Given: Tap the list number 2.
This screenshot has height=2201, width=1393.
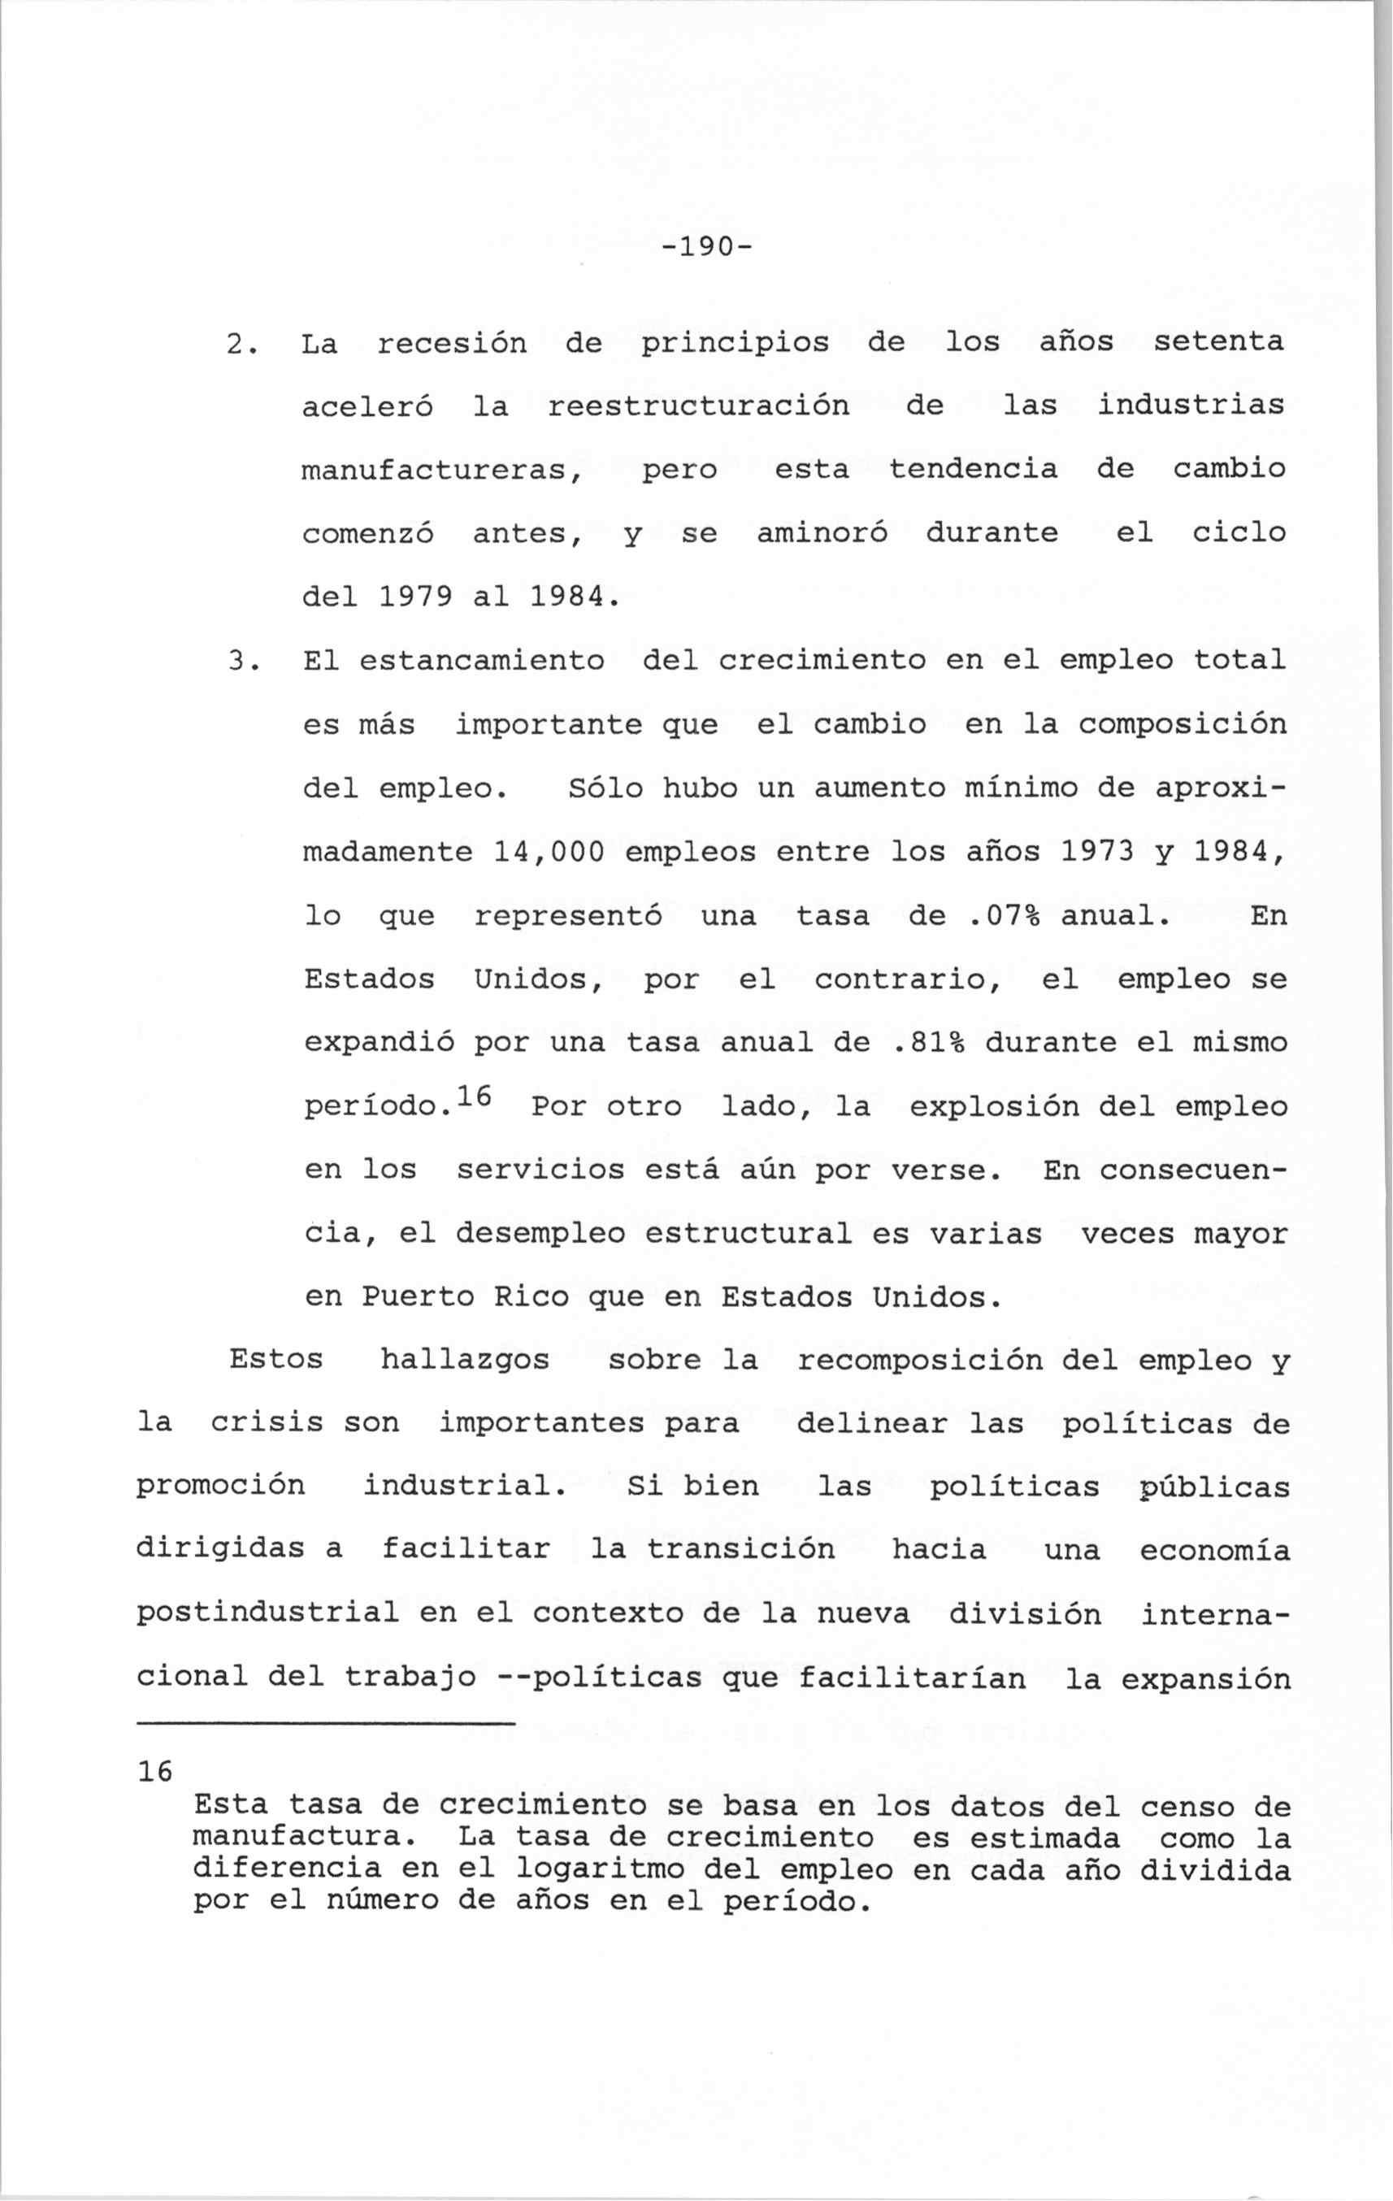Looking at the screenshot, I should (x=236, y=344).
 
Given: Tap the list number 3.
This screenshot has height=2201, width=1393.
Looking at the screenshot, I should (x=236, y=660).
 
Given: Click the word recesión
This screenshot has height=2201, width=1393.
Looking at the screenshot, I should (x=453, y=344).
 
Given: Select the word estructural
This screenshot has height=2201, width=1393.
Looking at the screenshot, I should (x=748, y=1234).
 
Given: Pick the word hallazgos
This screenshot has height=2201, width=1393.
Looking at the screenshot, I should (x=464, y=1360).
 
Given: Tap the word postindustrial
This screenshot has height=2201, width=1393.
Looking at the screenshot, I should (x=268, y=1613).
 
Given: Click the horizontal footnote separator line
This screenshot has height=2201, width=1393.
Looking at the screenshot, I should (x=327, y=1724).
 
